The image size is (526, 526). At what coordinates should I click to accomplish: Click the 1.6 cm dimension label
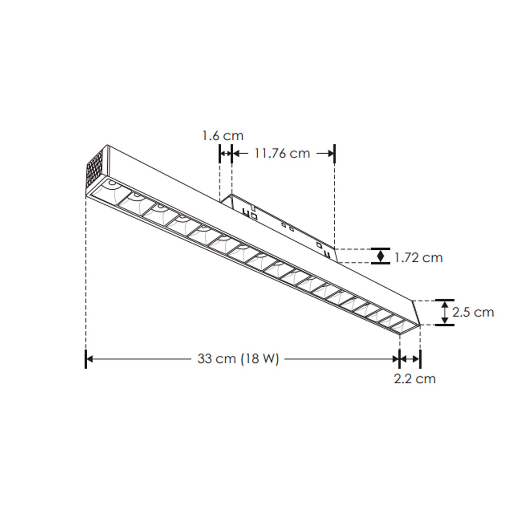point(223,136)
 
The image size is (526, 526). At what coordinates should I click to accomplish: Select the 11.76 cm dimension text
point(282,154)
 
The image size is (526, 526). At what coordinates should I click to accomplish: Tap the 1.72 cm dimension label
point(418,258)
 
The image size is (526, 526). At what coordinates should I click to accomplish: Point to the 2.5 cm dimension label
point(473,312)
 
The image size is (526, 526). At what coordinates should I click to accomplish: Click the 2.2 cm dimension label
point(414,379)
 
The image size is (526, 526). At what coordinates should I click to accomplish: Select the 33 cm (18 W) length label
point(238,359)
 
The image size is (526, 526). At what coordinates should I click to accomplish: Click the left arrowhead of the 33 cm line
point(89,359)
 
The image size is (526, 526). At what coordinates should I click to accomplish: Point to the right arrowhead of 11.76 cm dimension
point(331,154)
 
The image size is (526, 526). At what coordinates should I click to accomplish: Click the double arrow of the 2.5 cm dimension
point(445,312)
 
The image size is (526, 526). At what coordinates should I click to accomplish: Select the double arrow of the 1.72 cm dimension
point(380,256)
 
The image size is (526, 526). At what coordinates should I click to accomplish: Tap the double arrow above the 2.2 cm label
point(410,359)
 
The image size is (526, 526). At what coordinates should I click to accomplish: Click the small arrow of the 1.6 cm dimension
point(226,154)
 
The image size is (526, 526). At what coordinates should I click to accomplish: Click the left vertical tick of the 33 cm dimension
point(86,359)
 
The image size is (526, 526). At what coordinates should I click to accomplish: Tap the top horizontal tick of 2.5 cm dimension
point(445,300)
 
